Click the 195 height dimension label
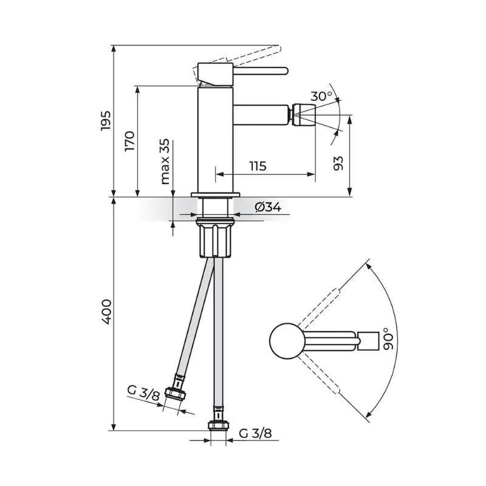[106, 120]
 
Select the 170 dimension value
[130, 141]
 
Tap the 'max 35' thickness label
[165, 162]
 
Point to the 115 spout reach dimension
[258, 166]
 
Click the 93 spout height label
[339, 163]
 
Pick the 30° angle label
[321, 96]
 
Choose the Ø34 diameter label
[269, 207]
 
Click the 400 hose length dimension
[106, 312]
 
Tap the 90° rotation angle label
[388, 339]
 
